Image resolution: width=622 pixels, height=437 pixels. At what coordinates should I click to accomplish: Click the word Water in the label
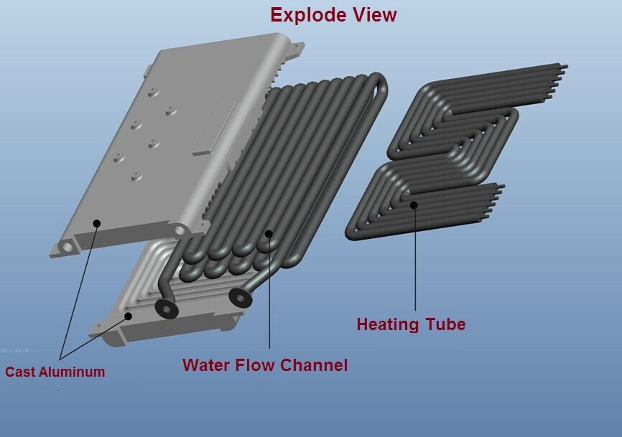206,365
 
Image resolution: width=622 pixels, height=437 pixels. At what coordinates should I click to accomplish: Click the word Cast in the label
19,372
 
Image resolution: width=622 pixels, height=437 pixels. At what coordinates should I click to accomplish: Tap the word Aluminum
72,372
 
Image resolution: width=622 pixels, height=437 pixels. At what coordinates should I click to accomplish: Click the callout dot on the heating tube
414,205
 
